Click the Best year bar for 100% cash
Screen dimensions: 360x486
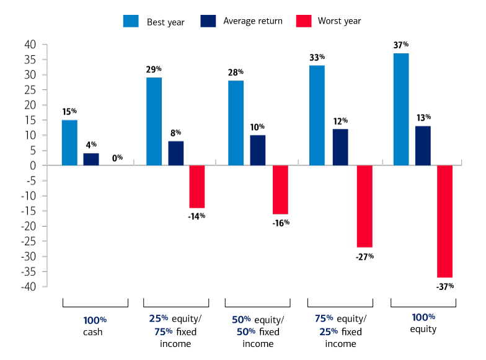point(69,143)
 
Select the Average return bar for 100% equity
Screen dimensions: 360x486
point(423,146)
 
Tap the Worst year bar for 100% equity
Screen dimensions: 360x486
point(444,221)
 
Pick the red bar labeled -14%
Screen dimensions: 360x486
point(197,187)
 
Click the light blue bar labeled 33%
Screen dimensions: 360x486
point(317,115)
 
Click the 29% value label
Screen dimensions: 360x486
point(154,69)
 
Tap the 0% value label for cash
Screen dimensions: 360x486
point(117,158)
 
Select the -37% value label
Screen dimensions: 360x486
point(444,286)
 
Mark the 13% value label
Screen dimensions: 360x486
point(423,118)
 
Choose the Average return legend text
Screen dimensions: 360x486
point(252,21)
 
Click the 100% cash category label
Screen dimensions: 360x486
point(95,326)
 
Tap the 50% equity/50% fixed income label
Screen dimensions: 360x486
point(258,332)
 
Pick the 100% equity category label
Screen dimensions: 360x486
point(423,323)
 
